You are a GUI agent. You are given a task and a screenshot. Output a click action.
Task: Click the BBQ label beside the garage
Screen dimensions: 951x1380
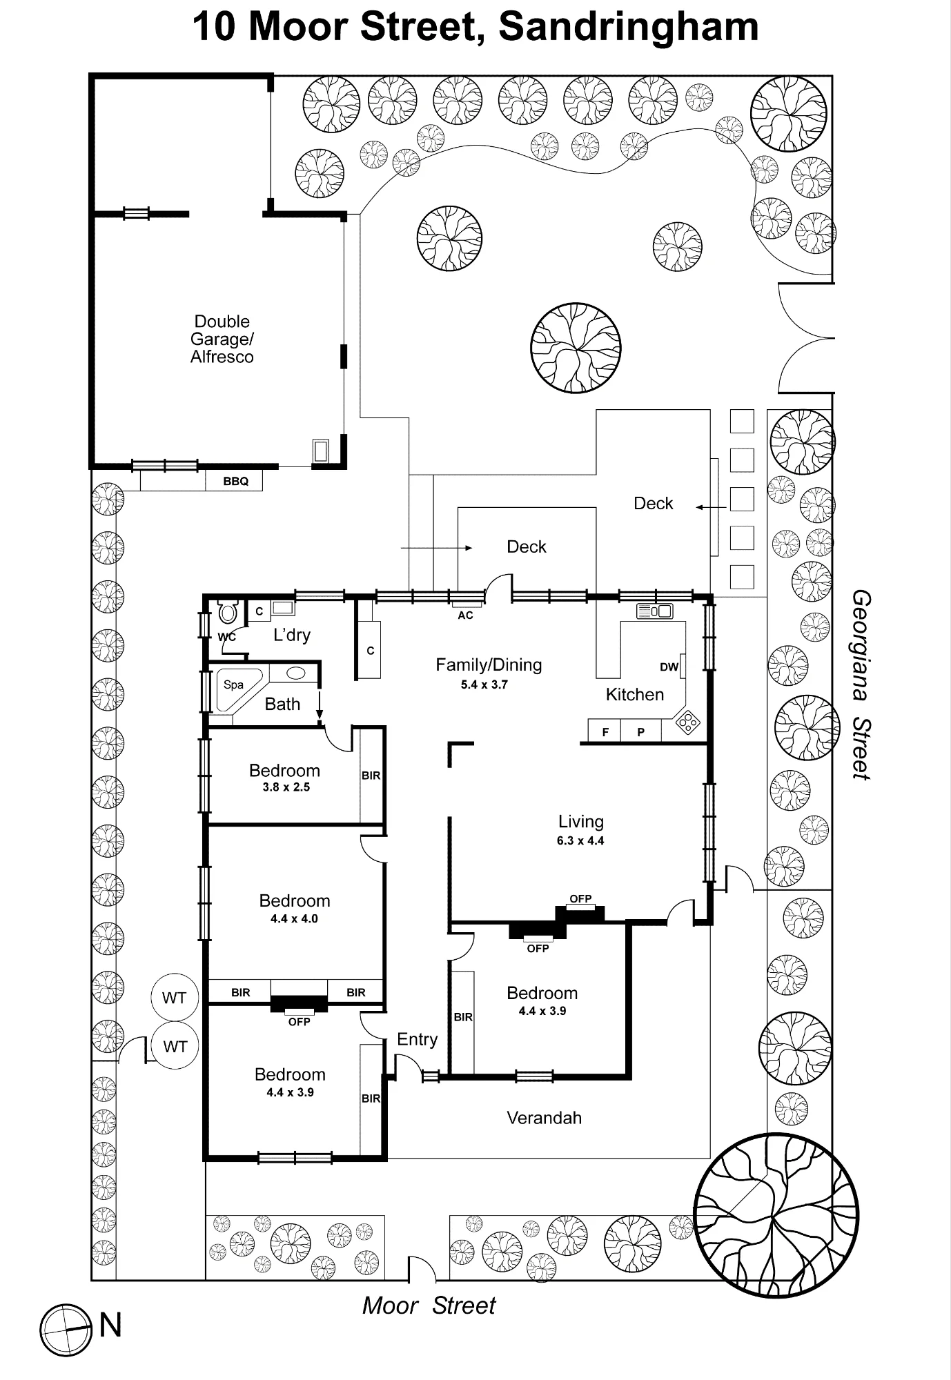[235, 481]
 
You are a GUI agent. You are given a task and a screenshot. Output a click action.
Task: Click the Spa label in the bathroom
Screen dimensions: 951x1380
[233, 684]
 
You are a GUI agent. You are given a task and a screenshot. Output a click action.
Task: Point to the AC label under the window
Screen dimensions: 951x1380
[465, 615]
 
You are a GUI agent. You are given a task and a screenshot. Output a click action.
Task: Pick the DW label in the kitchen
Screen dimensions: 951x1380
[669, 667]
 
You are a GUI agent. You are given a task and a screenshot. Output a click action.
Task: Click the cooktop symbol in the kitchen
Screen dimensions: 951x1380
[688, 722]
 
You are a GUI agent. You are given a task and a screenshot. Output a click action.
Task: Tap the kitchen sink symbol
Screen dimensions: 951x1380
[654, 611]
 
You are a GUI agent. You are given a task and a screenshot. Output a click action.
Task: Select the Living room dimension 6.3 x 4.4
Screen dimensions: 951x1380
[580, 840]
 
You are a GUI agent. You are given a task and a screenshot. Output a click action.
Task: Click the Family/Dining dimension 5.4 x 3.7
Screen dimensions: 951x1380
[484, 684]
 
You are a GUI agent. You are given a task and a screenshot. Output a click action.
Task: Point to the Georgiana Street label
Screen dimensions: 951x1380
[861, 684]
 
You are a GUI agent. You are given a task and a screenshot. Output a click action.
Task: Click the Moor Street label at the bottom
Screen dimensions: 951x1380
[429, 1305]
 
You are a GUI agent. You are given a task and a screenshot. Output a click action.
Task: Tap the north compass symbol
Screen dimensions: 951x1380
[66, 1330]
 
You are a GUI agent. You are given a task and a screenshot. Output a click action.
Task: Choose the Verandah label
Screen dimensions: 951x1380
[544, 1118]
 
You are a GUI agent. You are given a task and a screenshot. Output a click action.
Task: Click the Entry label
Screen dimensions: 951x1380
[417, 1039]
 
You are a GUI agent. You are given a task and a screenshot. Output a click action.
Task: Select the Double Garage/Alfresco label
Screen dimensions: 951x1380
[222, 339]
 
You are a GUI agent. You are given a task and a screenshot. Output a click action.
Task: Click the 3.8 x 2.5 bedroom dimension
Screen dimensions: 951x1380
[286, 787]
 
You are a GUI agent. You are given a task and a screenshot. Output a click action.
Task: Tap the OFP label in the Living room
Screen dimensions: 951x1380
[580, 898]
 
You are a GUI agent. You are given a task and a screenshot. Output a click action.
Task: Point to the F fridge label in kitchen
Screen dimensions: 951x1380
[605, 732]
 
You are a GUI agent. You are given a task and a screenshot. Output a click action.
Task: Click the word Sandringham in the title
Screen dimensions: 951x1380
[628, 28]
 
